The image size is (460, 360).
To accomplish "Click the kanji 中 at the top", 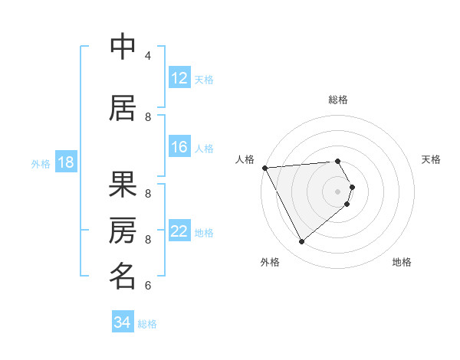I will [x=123, y=47].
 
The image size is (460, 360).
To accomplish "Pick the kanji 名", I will [x=123, y=277].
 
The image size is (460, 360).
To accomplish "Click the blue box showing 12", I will [x=179, y=78].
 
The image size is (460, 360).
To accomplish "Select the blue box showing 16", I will [x=179, y=147].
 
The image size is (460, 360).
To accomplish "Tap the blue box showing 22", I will [x=179, y=231].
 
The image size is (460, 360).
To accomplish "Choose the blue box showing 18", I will [x=65, y=162].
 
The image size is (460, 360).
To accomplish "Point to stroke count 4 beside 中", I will [x=148, y=56].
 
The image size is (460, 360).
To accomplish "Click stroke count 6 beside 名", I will [x=148, y=286].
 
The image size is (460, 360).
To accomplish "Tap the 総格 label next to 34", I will [x=147, y=323].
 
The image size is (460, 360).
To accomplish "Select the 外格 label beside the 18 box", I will [x=40, y=163].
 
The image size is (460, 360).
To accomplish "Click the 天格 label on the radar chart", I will [x=431, y=159].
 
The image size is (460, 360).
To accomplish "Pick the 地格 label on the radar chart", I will [x=402, y=262].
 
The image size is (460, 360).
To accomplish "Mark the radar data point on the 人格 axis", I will [x=264, y=167].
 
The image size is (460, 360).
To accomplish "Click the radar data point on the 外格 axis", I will [x=301, y=241].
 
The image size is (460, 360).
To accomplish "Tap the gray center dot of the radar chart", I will [x=337, y=191].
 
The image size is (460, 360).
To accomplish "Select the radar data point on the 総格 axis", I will [x=337, y=161].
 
